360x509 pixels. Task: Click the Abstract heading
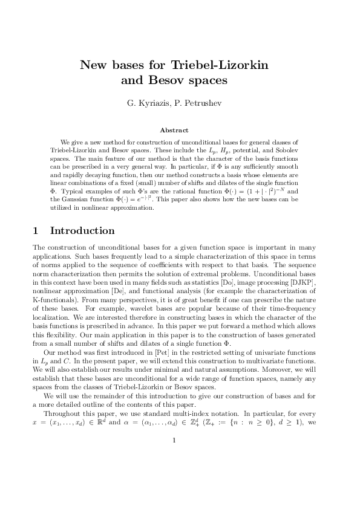coord(174,129)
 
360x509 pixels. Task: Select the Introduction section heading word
coord(82,230)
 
